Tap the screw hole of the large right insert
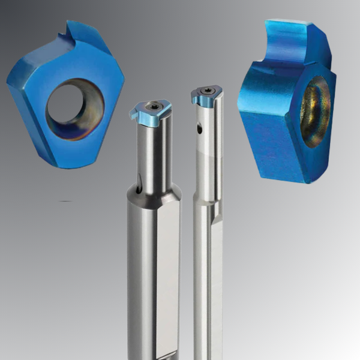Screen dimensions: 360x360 click(314, 112)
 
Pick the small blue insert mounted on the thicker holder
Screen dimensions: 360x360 click(149, 114)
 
